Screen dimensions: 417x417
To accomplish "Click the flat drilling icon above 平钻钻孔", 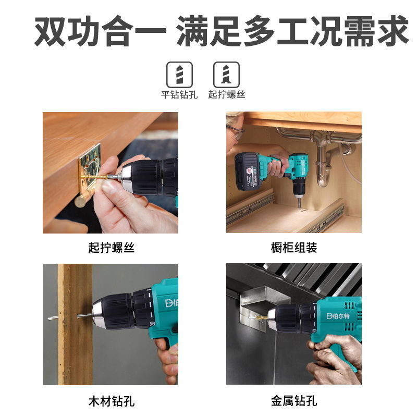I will (179, 75).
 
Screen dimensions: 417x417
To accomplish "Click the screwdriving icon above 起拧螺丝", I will (227, 75).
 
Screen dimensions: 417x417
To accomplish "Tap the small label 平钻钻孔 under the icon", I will (179, 94).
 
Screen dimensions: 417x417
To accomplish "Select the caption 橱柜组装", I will (293, 248).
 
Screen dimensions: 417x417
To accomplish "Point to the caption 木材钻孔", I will (111, 401).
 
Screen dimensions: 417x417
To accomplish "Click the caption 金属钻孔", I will (293, 401).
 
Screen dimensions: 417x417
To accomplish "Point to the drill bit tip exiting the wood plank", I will (52, 317).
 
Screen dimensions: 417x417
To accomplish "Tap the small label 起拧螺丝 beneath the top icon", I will (227, 94).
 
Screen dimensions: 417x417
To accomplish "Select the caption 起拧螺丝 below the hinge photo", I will (111, 248).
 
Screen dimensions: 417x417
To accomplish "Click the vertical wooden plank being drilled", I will (75, 323).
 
